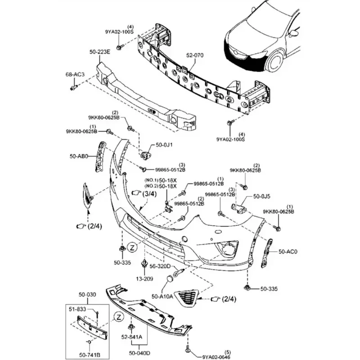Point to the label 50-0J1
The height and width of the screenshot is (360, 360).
coord(164,145)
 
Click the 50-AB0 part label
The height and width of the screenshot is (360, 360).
coord(78,157)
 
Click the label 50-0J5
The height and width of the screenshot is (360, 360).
coord(261,197)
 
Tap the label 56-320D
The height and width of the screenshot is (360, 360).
coord(160,266)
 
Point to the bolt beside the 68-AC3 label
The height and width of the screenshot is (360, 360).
coord(72,87)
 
